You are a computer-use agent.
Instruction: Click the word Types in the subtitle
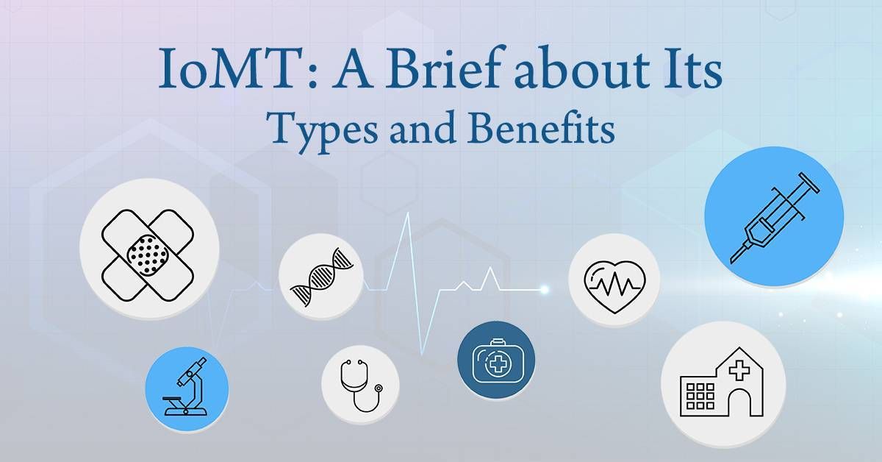click(328, 129)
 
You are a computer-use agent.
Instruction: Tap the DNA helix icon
click(320, 277)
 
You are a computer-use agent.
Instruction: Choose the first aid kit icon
click(495, 361)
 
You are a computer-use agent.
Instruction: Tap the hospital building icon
click(724, 384)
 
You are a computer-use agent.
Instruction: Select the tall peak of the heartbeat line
click(409, 221)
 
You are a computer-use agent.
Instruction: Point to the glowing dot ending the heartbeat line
click(545, 289)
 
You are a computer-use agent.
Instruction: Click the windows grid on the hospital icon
click(695, 395)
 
